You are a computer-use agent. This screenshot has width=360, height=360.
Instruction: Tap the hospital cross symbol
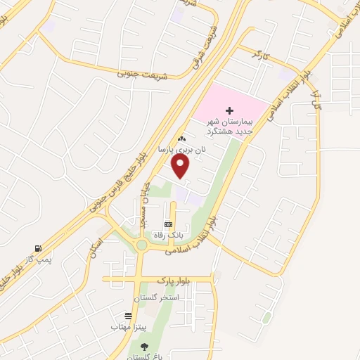[x=229, y=110]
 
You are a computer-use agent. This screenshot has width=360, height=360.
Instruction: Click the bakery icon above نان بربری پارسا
[x=182, y=139]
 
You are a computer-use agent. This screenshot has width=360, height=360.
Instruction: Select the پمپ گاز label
[x=32, y=259]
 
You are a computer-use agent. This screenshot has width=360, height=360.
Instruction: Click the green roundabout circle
[x=142, y=245]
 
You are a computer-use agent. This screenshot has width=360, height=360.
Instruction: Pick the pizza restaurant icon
[x=127, y=316]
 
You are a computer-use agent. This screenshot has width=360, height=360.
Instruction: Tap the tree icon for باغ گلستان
[x=144, y=346]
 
